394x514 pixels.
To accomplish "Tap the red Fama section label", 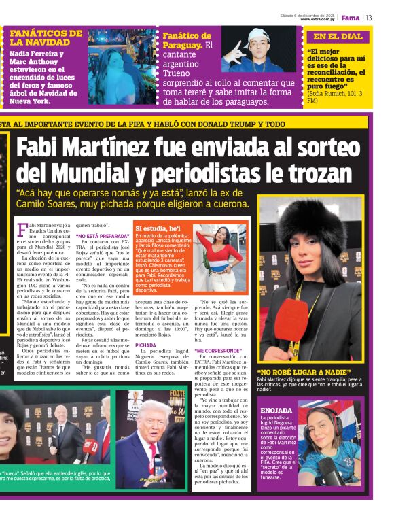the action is [x=351, y=18].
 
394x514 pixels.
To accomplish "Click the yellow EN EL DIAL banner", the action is [x=338, y=37].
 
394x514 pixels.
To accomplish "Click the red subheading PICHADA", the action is [x=145, y=345].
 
